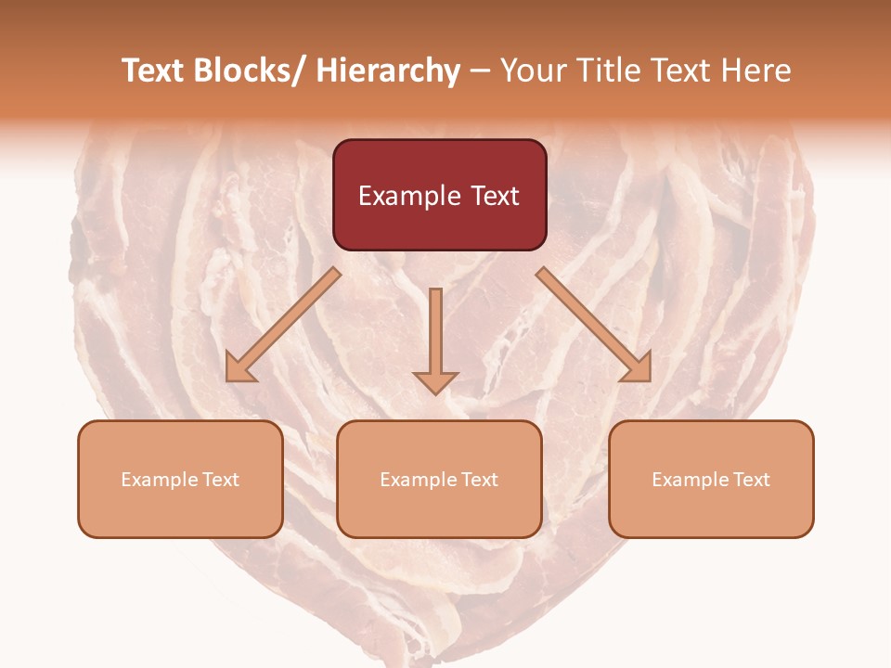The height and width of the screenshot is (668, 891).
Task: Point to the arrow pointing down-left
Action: [x=283, y=325]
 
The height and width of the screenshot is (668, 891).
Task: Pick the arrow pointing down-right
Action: [x=594, y=325]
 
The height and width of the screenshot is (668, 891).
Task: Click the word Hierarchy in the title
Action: [x=388, y=71]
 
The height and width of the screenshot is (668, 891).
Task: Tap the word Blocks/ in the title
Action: [x=248, y=71]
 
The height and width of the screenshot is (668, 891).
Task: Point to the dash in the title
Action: [x=480, y=71]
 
